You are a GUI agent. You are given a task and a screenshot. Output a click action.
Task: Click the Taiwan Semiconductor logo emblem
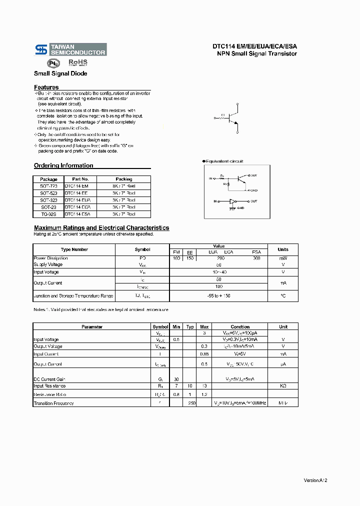(41, 49)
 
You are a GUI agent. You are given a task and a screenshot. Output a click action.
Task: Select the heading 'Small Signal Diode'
(60, 73)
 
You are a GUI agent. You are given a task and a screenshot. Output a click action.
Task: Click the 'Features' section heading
(46, 87)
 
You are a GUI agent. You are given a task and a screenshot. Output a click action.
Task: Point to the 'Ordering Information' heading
(63, 165)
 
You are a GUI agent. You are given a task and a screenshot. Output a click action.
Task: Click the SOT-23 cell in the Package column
(48, 207)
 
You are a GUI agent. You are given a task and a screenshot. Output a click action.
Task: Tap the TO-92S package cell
(48, 214)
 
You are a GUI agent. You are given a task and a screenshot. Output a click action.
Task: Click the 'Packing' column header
(123, 179)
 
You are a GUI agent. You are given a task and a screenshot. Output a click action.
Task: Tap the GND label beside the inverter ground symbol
(240, 207)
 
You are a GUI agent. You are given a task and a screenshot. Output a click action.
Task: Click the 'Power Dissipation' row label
(50, 258)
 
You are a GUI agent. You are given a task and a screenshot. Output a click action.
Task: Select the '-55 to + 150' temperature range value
(218, 296)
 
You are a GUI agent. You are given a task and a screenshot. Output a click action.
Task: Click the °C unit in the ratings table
(283, 296)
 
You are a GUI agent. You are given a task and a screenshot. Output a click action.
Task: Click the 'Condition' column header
(240, 327)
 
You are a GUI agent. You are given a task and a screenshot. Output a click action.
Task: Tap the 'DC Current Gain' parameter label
(49, 379)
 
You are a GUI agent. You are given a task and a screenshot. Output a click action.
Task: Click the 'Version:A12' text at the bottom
(315, 480)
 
